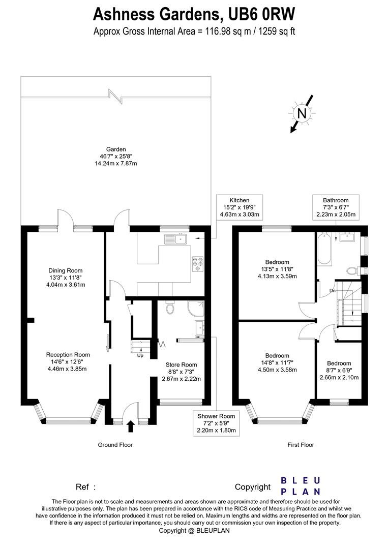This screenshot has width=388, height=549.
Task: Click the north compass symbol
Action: pos(302,113)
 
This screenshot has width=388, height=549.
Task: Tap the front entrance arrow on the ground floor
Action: pos(130,425)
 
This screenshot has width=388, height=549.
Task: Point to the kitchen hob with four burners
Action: pos(197,263)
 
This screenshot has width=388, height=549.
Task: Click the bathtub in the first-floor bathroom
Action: pos(323,249)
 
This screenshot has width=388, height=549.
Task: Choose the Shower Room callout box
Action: pos(217,423)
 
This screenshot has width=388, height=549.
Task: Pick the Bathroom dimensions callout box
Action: pos(336,207)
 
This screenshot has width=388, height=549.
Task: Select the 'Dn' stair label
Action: pos(333,291)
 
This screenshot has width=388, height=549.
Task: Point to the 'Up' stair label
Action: pos(140,355)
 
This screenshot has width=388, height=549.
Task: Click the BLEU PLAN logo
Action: pos(301,486)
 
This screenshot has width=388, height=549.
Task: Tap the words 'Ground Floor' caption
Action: pos(115,445)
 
